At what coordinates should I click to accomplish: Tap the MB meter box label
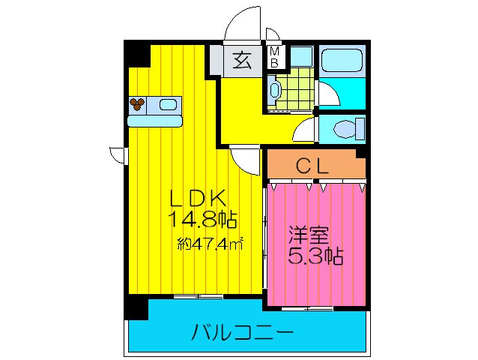[x=274, y=57]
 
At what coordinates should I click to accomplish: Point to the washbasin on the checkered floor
[x=274, y=92]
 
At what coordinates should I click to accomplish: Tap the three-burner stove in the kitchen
[x=137, y=105]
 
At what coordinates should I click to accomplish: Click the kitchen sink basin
[x=169, y=105]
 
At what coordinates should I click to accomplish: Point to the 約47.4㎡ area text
[x=211, y=243]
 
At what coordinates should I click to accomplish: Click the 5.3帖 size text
[x=315, y=256]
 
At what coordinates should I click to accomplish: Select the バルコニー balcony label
[x=241, y=331]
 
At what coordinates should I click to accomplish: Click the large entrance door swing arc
[x=243, y=22]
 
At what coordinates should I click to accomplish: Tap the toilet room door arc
[x=304, y=129]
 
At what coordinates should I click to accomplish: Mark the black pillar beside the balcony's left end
[x=135, y=307]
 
